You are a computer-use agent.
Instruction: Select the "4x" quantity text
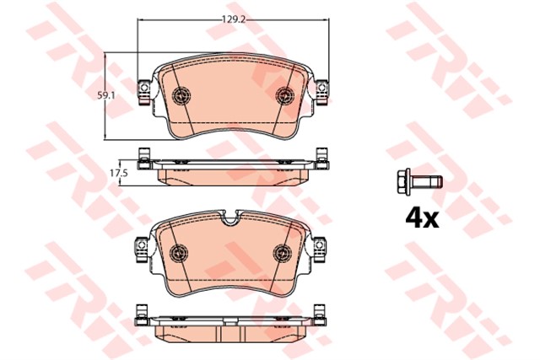422,218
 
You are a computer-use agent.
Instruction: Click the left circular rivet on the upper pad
180,95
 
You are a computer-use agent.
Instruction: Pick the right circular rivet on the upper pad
283,95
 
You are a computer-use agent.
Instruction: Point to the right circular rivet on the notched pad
283,252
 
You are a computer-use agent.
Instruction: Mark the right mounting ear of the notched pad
320,244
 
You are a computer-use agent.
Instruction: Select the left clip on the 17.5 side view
144,158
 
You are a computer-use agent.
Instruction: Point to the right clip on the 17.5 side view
320,158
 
